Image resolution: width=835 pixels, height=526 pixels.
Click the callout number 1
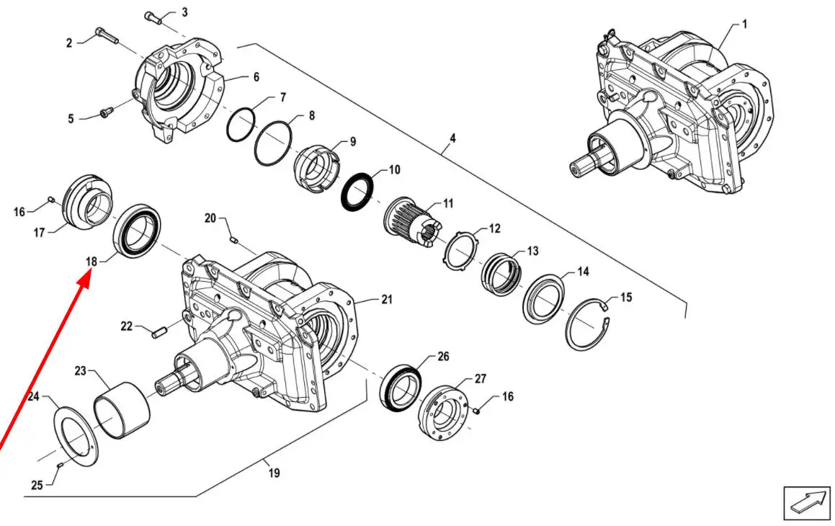coord(744,24)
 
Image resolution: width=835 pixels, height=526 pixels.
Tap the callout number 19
coord(274,473)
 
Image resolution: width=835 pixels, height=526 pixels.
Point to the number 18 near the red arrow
coord(91,261)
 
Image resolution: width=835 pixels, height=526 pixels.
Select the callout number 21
coord(386,300)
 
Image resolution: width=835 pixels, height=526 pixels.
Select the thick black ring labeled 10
coord(357,191)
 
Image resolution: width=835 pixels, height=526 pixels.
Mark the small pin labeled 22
coord(161,331)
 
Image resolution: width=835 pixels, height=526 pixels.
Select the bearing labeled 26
coord(399,389)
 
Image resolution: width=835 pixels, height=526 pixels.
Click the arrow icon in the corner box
coord(808,501)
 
